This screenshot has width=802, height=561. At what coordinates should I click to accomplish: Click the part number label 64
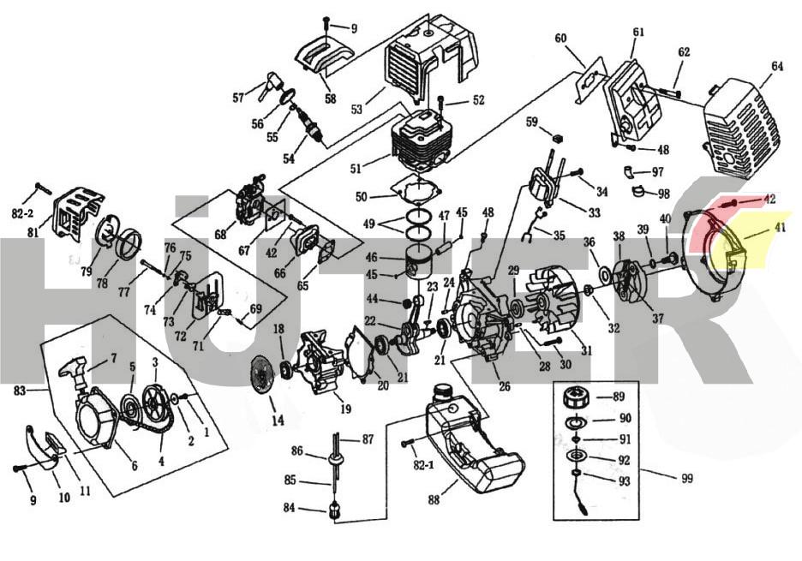coord(777,66)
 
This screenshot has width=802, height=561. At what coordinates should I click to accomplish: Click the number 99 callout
coord(686,478)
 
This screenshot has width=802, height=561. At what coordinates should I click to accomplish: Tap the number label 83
coord(21,390)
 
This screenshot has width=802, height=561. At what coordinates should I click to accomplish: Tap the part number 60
coord(561,38)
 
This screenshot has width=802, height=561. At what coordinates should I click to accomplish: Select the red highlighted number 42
coord(769,199)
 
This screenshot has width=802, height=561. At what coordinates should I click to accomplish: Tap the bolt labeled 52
coord(442,104)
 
